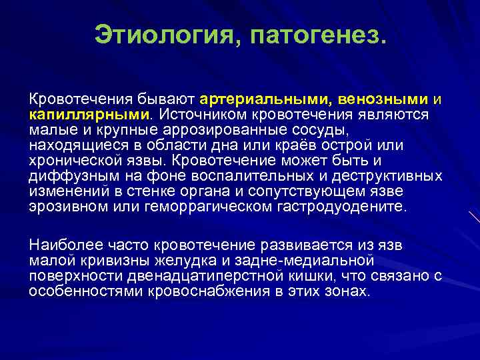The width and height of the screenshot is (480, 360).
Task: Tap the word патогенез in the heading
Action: click(x=313, y=34)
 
